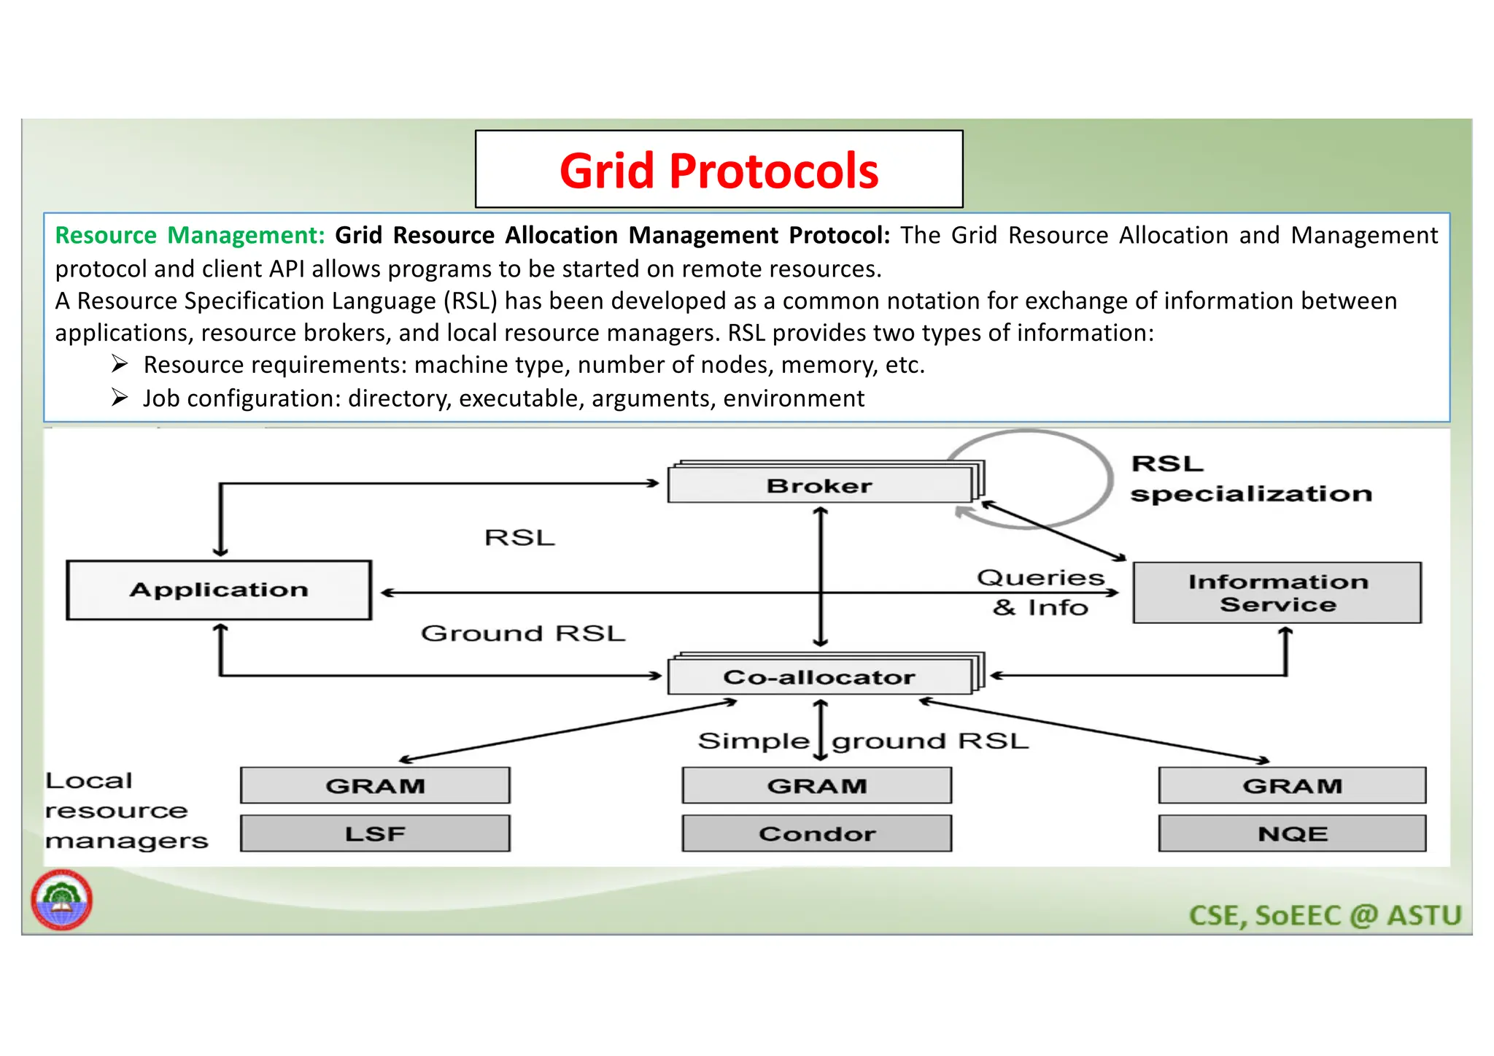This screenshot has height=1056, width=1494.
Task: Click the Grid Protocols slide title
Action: click(x=719, y=170)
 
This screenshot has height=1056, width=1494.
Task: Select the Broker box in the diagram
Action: click(x=819, y=485)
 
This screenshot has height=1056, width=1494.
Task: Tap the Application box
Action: click(x=219, y=590)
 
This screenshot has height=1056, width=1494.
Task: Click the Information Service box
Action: click(x=1277, y=593)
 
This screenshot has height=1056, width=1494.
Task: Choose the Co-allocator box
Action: click(x=819, y=677)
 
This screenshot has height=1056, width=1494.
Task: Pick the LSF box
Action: click(x=375, y=833)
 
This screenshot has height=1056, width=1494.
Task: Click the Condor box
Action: click(x=817, y=833)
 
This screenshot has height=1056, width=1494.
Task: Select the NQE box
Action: click(x=1292, y=833)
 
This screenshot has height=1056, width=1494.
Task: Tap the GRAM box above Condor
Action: click(x=817, y=785)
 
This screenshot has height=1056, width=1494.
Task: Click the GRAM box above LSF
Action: click(x=375, y=785)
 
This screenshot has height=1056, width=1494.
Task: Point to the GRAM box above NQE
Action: click(x=1292, y=785)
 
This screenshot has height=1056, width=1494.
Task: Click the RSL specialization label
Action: click(x=1250, y=479)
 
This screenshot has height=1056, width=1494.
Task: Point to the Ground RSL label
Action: click(x=523, y=633)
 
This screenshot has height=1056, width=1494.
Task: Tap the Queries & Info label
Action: click(x=1040, y=592)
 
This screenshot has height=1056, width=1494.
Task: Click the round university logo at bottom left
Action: click(x=62, y=900)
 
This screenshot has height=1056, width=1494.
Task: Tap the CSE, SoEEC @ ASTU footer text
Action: click(x=1325, y=915)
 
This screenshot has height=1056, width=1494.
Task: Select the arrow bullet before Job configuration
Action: click(x=120, y=398)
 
